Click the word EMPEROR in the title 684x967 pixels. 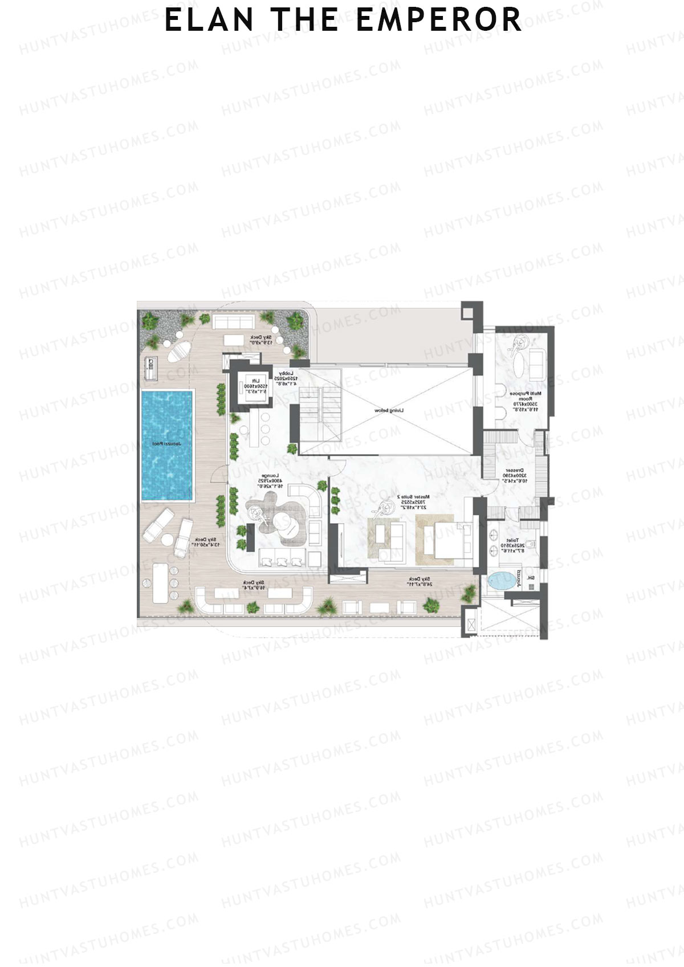[438, 20]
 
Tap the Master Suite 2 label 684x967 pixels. [413, 501]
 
